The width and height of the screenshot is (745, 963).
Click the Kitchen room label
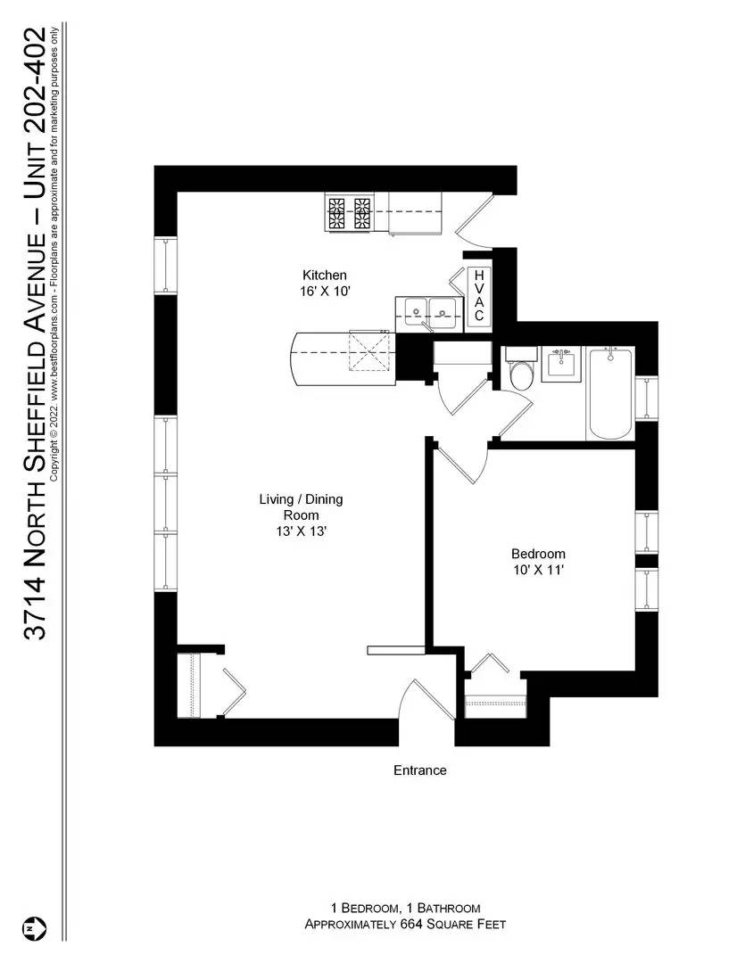click(324, 275)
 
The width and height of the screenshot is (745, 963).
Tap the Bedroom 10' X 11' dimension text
click(538, 572)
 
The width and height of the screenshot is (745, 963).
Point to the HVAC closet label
click(479, 296)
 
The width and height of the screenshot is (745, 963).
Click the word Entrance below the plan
click(419, 770)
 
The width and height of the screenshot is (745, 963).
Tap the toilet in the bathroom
click(519, 372)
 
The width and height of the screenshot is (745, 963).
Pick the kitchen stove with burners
click(349, 214)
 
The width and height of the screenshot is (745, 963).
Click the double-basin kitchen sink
click(429, 310)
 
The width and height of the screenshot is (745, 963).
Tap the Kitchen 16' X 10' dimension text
click(324, 291)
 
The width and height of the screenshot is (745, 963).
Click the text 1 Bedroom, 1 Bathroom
click(406, 908)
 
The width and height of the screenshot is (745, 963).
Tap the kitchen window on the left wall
click(166, 265)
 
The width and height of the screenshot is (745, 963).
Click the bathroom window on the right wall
click(647, 406)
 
